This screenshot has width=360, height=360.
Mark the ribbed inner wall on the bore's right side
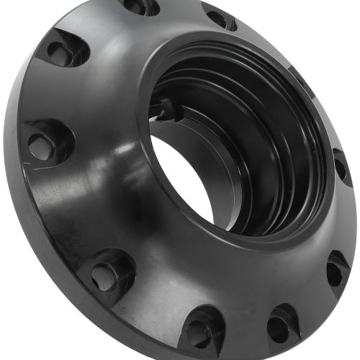pos(288,144)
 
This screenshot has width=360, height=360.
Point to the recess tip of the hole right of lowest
pos(288,306)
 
